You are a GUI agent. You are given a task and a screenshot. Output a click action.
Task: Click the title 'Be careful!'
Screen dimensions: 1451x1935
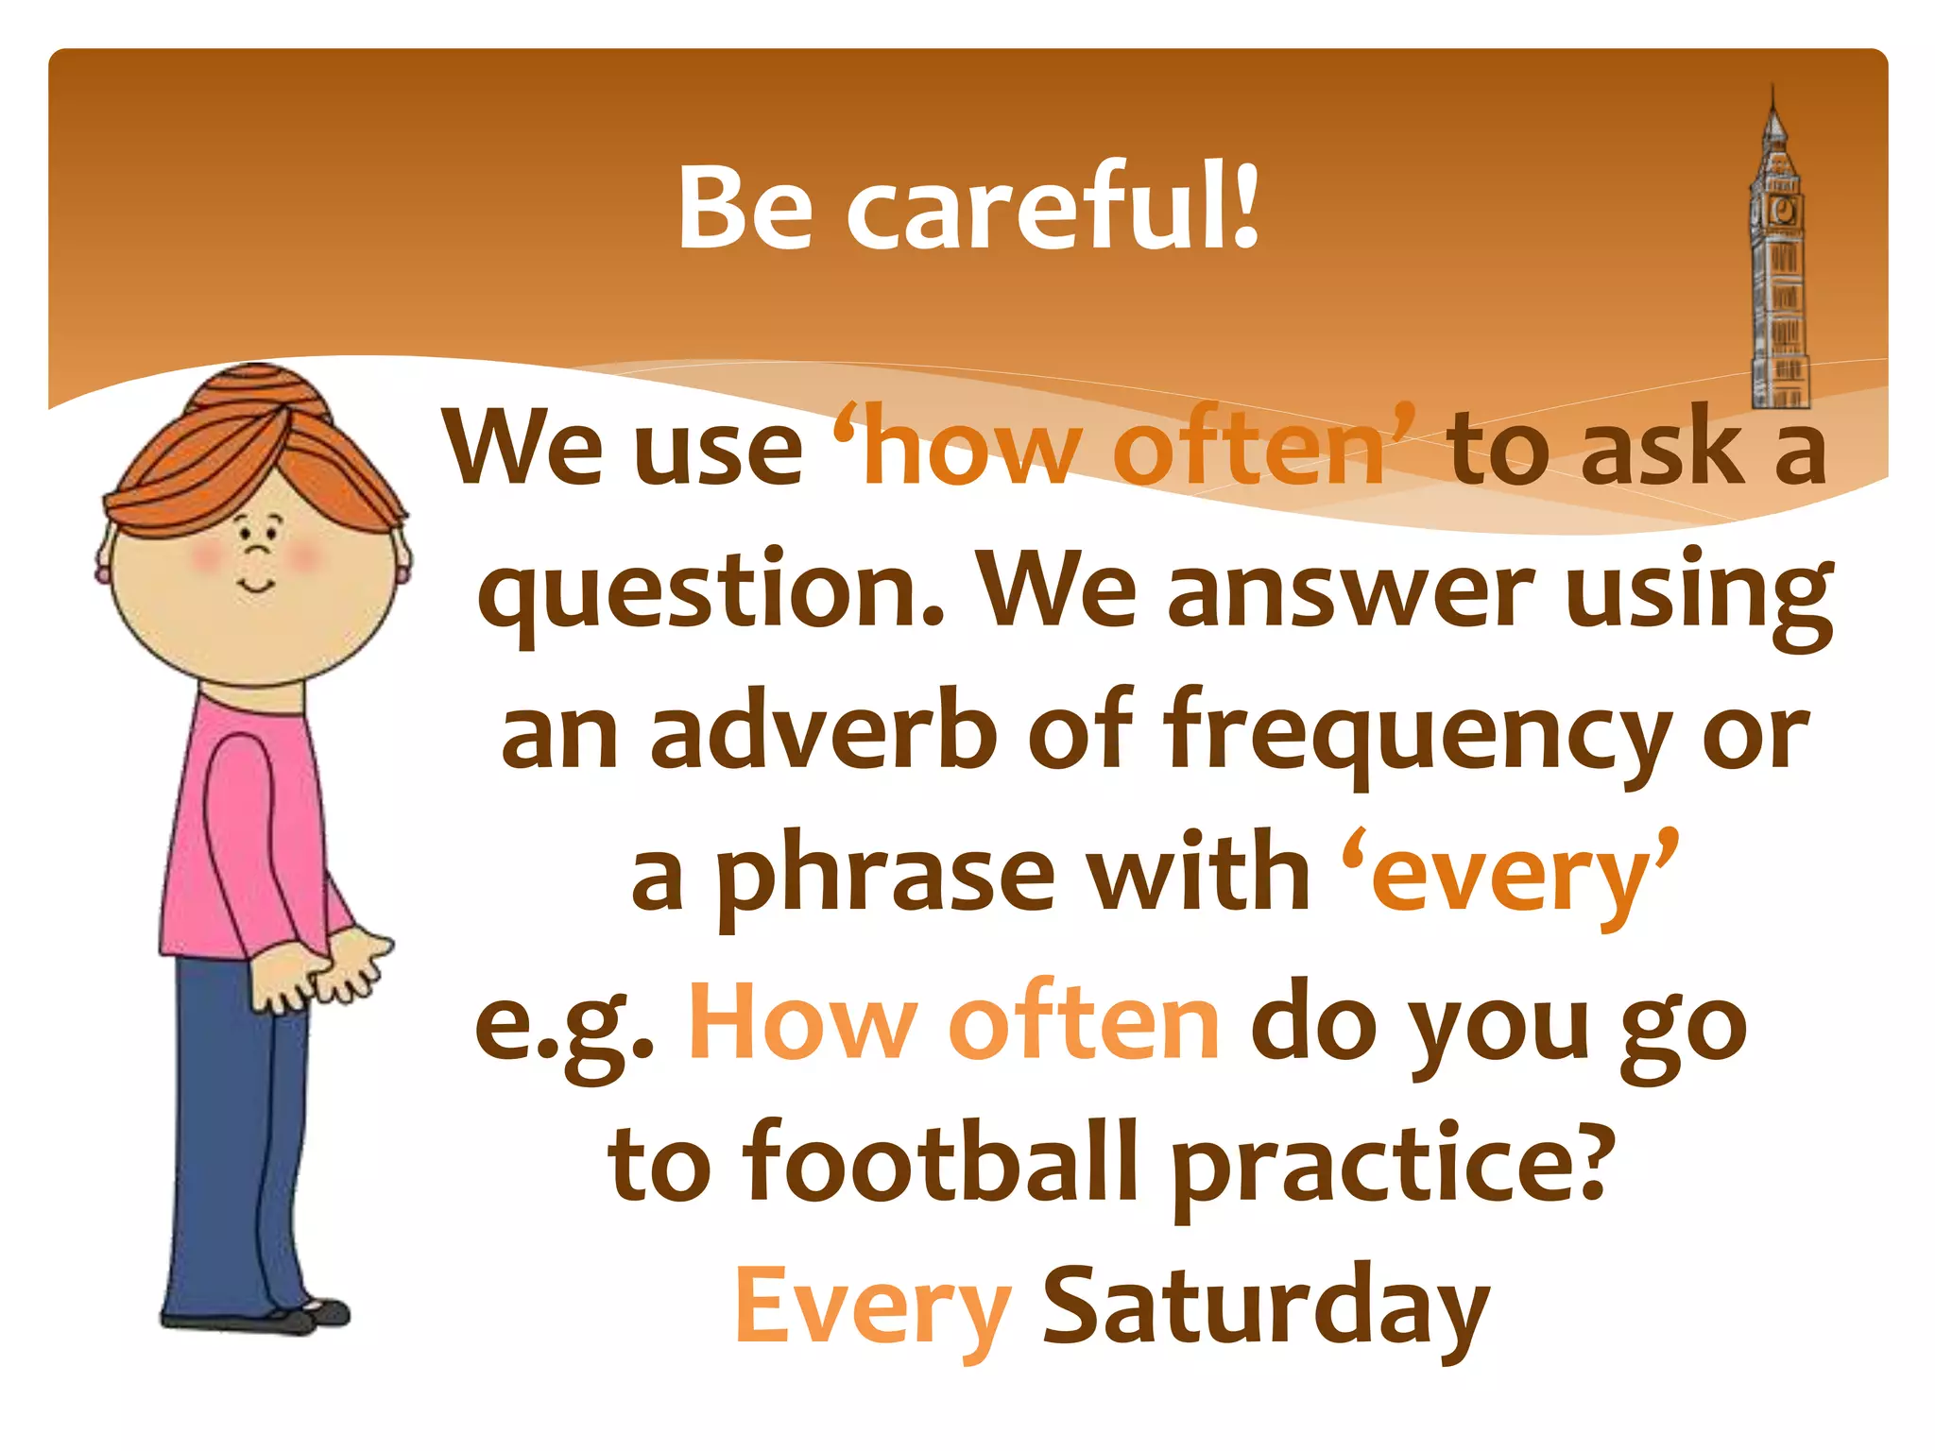tap(967, 208)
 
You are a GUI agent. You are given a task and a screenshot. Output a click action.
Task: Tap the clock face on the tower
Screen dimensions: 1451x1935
tap(1783, 210)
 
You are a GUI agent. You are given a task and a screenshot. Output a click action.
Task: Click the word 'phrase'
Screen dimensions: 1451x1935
tap(883, 879)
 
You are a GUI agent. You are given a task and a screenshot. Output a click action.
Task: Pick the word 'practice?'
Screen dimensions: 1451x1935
tap(1389, 1167)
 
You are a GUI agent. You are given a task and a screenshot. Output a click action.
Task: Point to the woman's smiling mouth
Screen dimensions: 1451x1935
tap(256, 587)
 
